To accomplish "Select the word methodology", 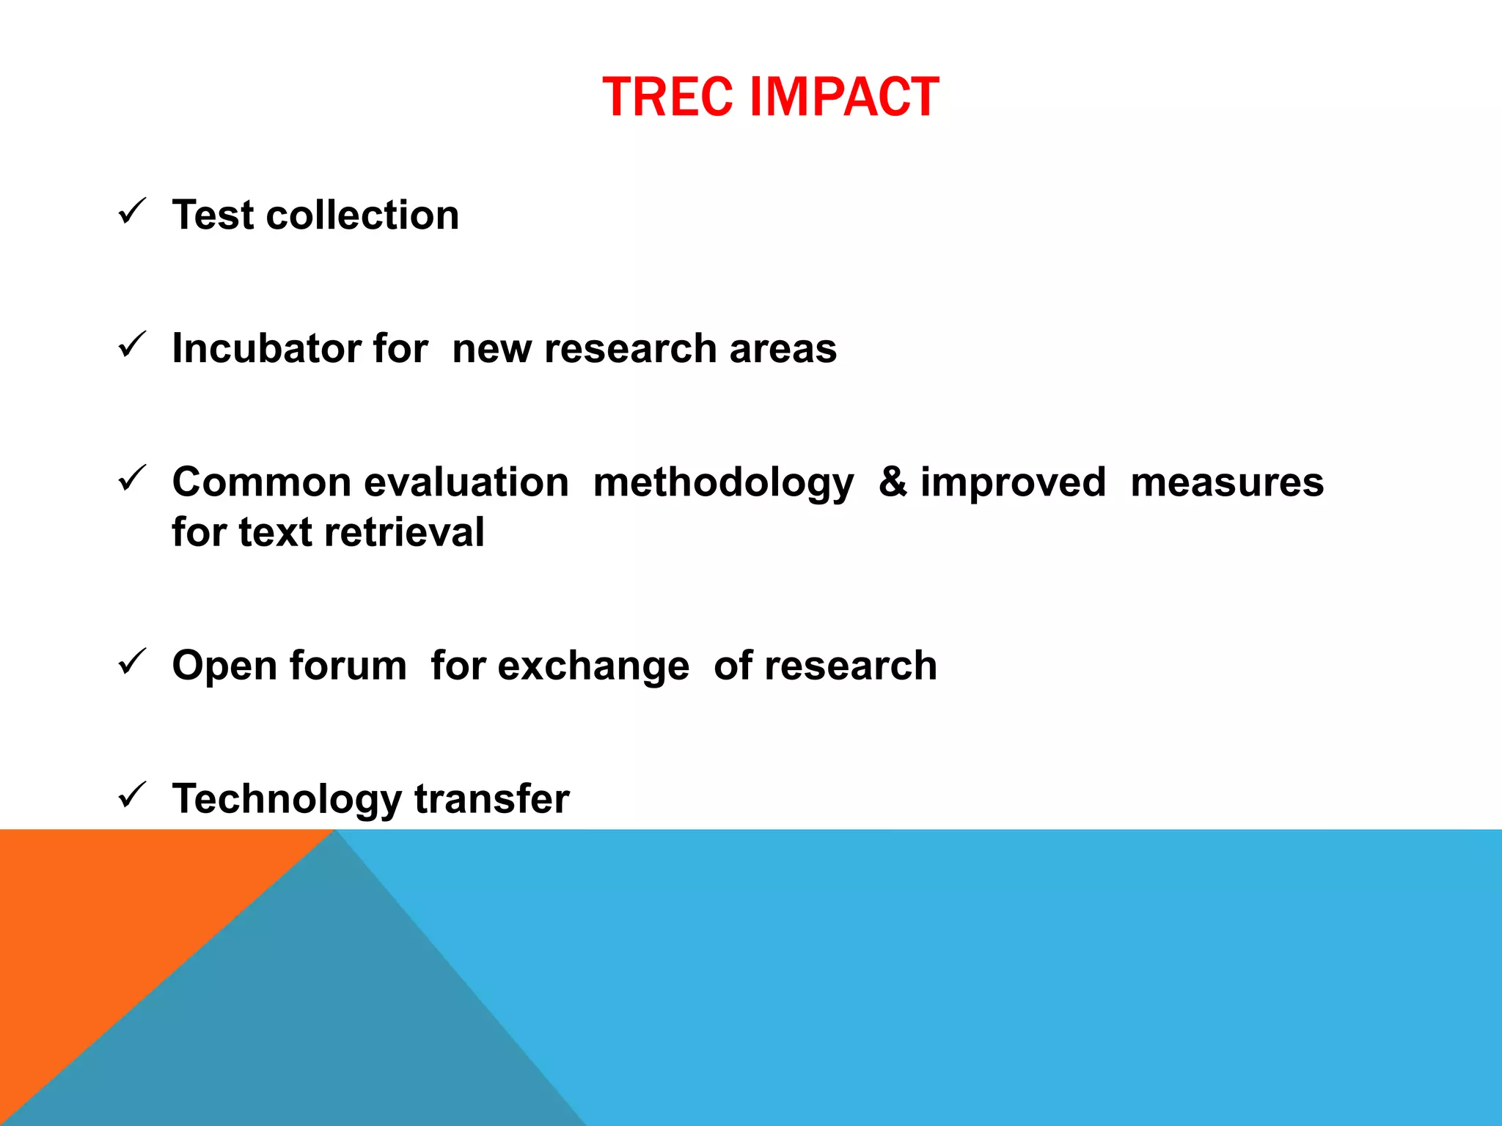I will (x=723, y=484).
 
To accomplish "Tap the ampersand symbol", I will (x=892, y=482).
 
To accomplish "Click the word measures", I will (x=1226, y=482).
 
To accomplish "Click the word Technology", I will (x=286, y=800).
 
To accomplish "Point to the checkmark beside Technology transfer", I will (x=132, y=795).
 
